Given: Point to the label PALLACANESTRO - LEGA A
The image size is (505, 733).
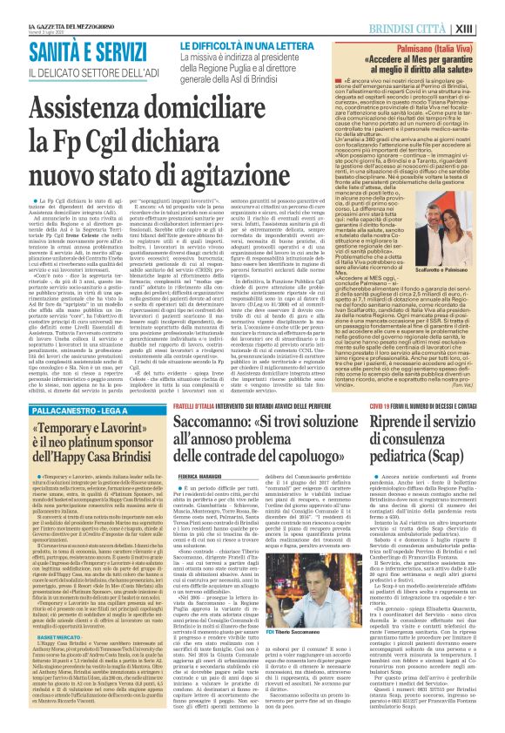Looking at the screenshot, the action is pos(62,383).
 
